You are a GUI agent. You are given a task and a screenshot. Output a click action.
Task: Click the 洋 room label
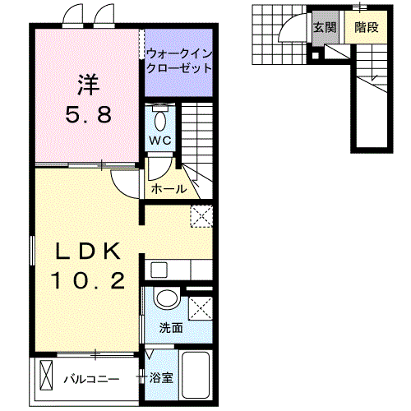click(x=88, y=84)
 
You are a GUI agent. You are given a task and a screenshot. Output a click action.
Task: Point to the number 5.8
click(x=88, y=114)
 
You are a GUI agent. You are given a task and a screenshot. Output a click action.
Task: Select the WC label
click(x=159, y=141)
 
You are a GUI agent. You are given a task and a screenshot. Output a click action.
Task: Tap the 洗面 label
click(x=171, y=327)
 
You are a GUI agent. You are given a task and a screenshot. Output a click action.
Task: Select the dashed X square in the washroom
click(x=200, y=308)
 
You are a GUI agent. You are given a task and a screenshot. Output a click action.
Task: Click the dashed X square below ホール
click(x=201, y=216)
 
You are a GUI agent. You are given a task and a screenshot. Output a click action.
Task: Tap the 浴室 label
click(x=161, y=379)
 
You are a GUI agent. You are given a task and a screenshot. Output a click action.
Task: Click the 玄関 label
click(x=325, y=26)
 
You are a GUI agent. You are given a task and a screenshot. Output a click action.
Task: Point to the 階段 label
click(x=367, y=26)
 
